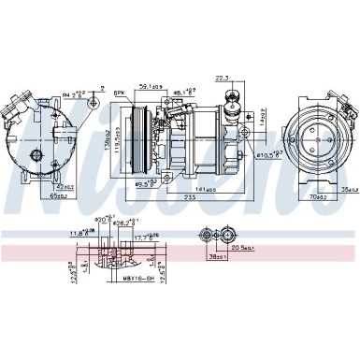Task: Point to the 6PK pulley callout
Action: coord(120,93)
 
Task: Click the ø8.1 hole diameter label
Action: coord(183,92)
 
